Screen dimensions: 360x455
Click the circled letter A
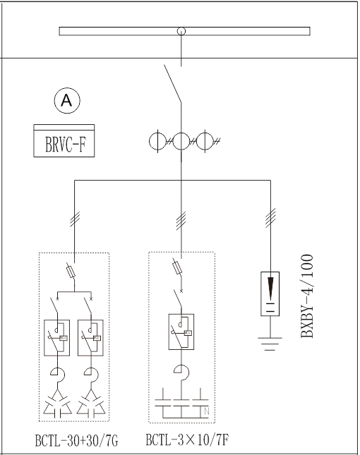point(67,101)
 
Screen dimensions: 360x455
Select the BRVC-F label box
point(64,141)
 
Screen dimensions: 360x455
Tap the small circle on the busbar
point(181,31)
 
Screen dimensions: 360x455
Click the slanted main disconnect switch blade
point(173,83)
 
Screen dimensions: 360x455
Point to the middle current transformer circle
point(181,141)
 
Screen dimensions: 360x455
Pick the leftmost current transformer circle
point(157,141)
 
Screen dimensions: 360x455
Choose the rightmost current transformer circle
point(205,141)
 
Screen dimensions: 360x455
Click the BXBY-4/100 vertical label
point(307,296)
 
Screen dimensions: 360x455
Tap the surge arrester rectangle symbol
point(270,293)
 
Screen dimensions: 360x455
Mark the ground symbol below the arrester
point(270,344)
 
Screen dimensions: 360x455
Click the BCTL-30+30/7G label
point(77,440)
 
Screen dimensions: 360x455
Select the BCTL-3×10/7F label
point(187,439)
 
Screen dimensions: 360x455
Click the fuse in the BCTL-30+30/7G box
point(71,272)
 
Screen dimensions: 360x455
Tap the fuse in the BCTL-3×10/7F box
point(178,267)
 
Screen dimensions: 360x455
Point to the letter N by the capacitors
point(207,411)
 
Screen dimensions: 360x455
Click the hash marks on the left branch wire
point(75,219)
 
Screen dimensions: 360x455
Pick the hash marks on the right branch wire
point(270,218)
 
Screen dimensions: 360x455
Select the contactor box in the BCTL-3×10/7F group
point(181,332)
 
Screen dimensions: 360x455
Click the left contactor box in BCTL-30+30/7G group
point(57,337)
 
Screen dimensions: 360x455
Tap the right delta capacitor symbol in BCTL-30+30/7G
point(91,403)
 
